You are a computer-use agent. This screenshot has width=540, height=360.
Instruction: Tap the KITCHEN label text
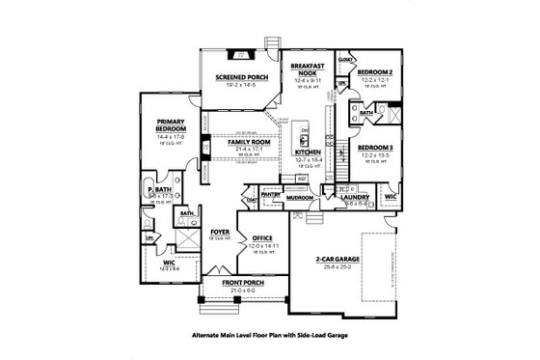(x=308, y=152)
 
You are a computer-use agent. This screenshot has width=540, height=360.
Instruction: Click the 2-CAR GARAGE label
(x=337, y=261)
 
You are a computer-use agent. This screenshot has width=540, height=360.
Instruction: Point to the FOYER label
(x=220, y=232)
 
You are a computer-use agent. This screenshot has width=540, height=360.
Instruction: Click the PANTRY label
(x=271, y=194)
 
